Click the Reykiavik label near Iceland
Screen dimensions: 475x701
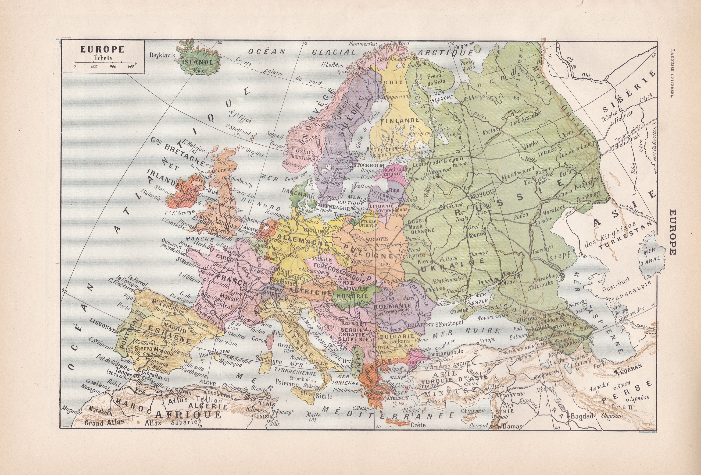pos(162,55)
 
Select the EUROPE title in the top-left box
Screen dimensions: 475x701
pos(102,49)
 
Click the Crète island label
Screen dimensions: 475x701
pos(418,425)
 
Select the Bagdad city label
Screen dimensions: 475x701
pos(582,416)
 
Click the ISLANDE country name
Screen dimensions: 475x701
pos(198,62)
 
